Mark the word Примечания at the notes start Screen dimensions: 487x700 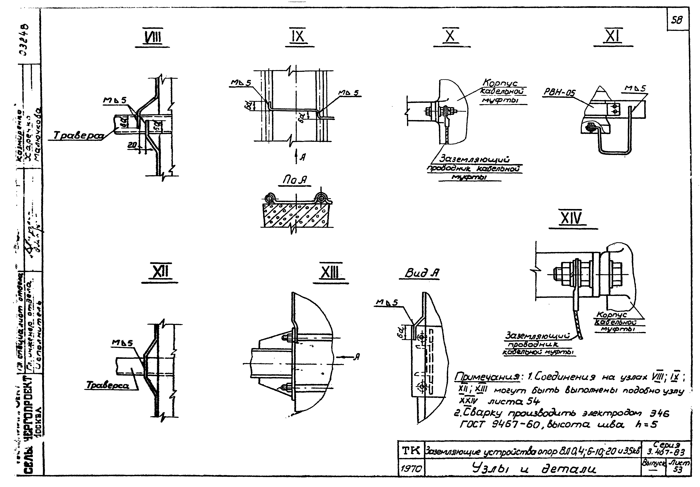[487, 377]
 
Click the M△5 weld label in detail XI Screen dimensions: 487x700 [635, 88]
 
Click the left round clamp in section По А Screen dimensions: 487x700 [269, 198]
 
